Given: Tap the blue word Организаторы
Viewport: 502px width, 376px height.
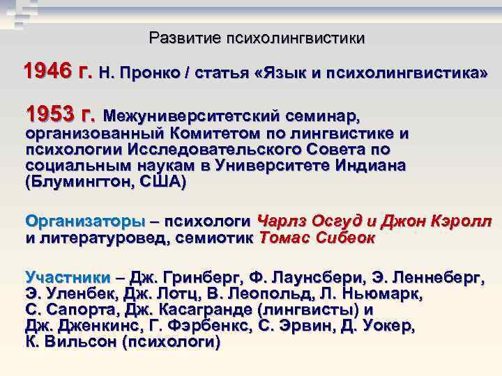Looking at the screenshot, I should point(86,221).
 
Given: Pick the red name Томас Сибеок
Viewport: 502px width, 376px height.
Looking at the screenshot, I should point(317,237).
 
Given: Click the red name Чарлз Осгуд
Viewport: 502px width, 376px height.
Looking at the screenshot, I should point(310,221).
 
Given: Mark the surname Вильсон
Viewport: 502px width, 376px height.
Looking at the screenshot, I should point(79,342).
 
